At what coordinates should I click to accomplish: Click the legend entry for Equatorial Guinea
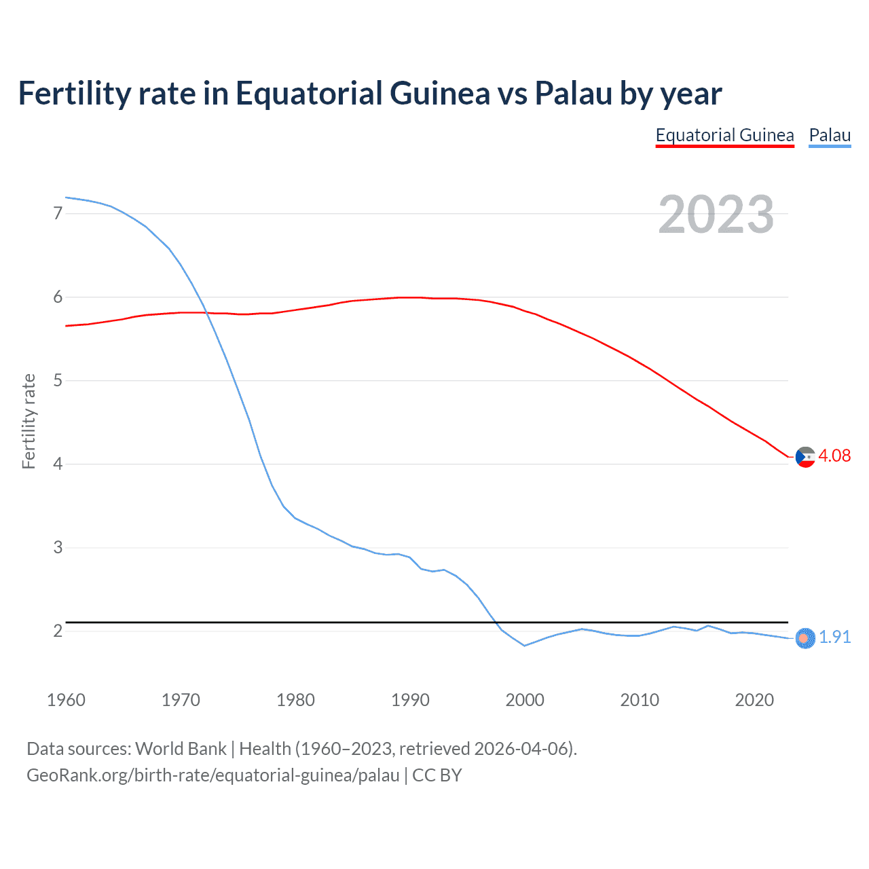click(x=724, y=136)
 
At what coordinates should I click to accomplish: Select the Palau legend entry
click(x=830, y=136)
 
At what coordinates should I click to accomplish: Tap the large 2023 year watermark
click(x=716, y=215)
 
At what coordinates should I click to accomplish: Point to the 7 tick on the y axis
click(x=58, y=213)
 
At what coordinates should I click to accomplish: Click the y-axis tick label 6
click(x=58, y=297)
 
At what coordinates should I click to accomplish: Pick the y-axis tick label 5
click(x=58, y=380)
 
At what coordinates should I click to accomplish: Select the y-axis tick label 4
click(x=58, y=464)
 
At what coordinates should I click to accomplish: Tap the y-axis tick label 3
click(x=58, y=547)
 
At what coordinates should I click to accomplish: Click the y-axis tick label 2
click(x=58, y=631)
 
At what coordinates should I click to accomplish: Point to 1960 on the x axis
click(x=66, y=700)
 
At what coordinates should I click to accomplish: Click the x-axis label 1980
click(x=295, y=700)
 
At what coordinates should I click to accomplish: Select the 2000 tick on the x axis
click(x=525, y=700)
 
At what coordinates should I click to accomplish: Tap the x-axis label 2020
click(x=754, y=700)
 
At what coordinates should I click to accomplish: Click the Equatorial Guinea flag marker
click(x=805, y=458)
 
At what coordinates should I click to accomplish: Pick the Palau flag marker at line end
click(x=805, y=638)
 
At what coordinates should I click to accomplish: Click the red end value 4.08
click(x=834, y=456)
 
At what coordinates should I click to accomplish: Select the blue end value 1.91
click(x=834, y=637)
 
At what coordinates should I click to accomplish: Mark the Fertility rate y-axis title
click(x=29, y=421)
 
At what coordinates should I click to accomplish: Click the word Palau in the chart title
click(x=573, y=93)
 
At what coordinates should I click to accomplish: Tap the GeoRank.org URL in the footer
click(x=212, y=775)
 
